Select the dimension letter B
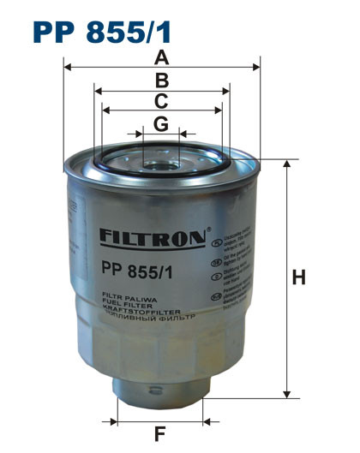[x=160, y=81]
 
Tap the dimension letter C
[x=160, y=102]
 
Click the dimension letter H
[x=298, y=277]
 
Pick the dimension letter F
[x=159, y=433]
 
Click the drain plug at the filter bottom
[x=159, y=390]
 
